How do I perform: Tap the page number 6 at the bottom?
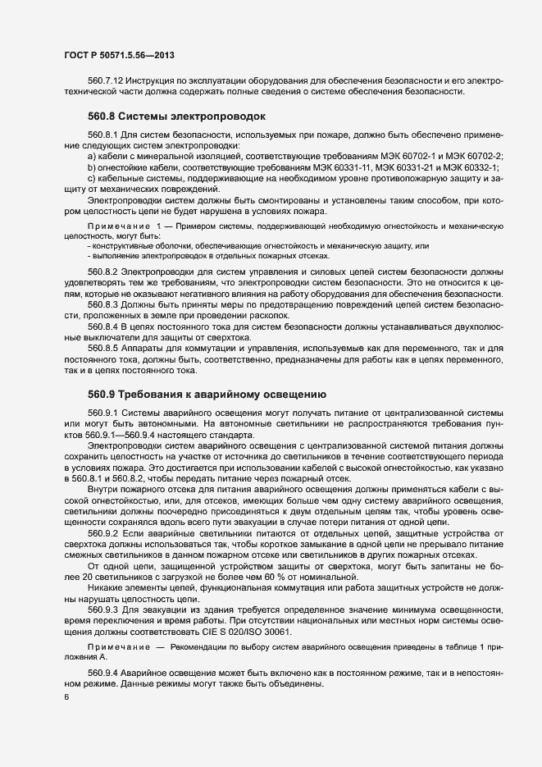(66, 697)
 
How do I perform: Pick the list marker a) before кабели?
(92, 156)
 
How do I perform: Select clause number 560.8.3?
(103, 303)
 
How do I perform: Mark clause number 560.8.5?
(103, 347)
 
